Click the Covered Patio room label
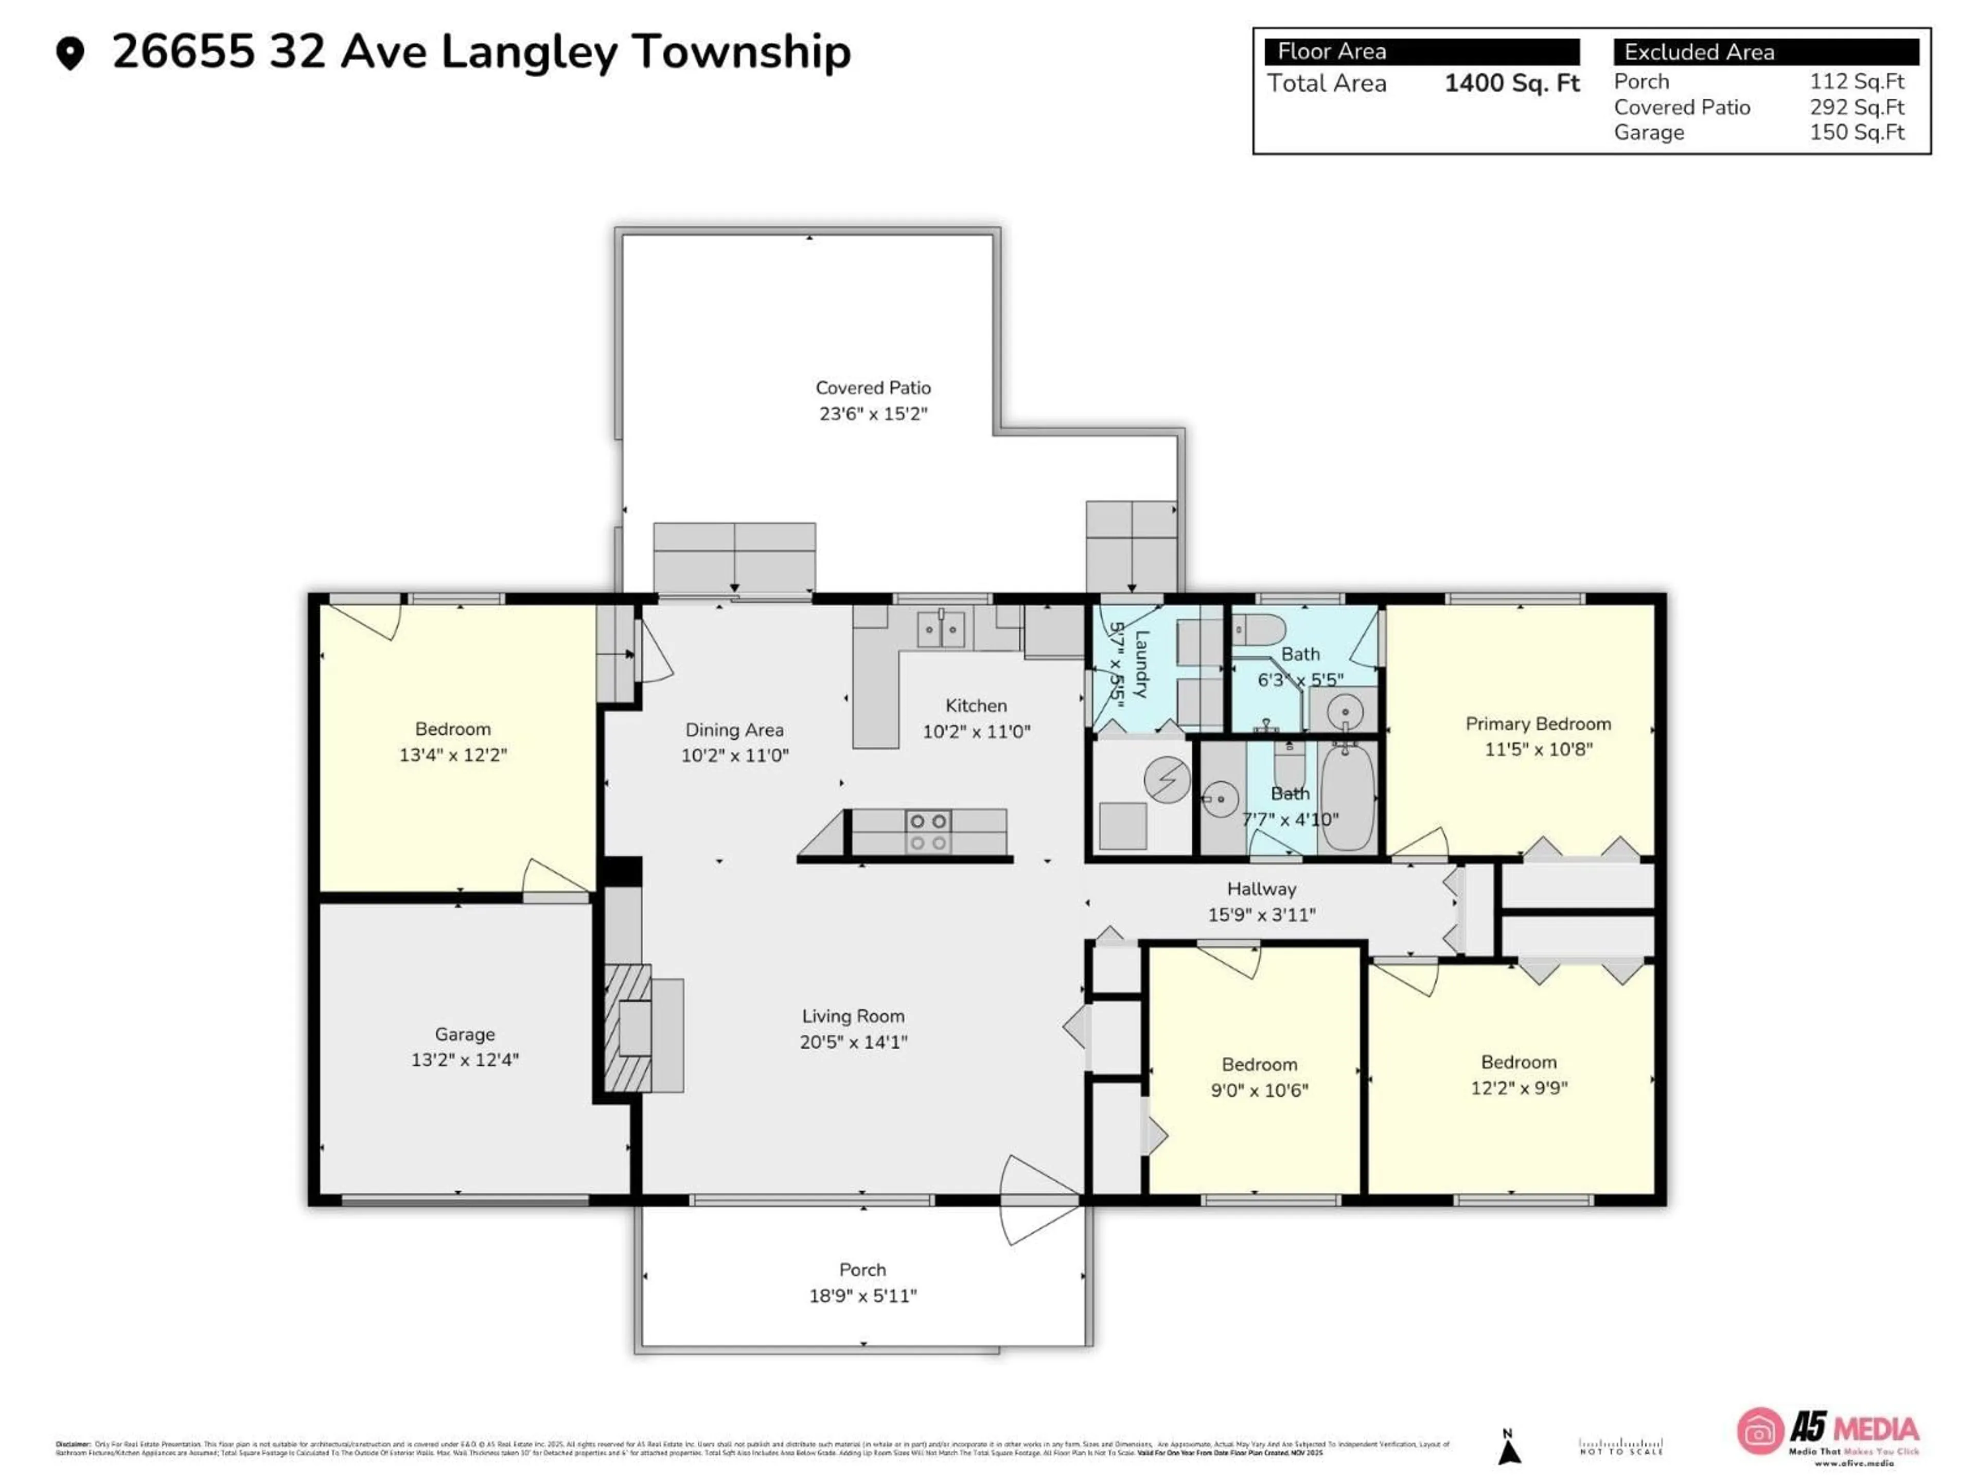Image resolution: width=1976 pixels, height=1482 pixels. point(873,387)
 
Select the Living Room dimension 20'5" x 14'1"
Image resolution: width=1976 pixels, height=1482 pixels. point(853,1042)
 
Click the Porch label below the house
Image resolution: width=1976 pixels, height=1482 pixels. point(862,1269)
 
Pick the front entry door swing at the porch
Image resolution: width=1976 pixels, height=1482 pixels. point(1036,1199)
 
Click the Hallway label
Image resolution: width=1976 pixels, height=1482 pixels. point(1260,889)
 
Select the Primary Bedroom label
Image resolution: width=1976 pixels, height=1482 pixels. point(1538,724)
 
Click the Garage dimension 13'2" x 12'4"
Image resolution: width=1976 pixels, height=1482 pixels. point(465,1060)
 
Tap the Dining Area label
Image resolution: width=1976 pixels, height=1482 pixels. point(734,730)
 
